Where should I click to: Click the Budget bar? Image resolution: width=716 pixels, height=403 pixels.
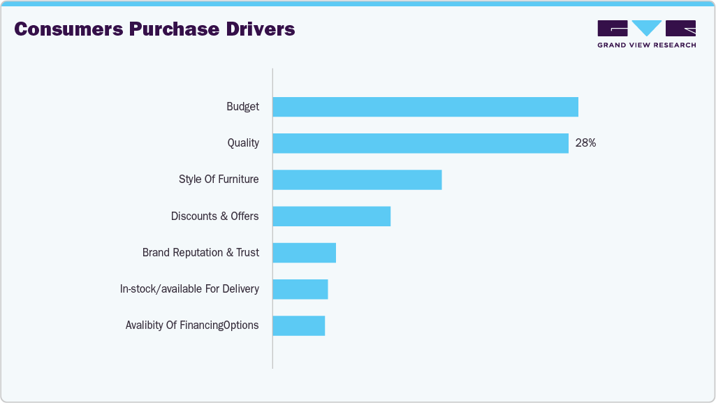[x=425, y=107]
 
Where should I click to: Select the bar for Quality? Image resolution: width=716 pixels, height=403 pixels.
[x=420, y=143]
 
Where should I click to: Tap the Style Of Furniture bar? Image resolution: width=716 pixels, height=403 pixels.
[x=357, y=179]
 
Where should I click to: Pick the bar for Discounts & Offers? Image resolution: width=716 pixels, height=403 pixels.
[x=331, y=216]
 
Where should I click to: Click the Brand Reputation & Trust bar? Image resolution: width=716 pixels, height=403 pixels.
[x=304, y=253]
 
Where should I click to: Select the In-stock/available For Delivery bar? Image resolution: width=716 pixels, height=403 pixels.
[x=300, y=289]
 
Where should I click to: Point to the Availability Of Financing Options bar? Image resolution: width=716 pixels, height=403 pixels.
[x=298, y=325]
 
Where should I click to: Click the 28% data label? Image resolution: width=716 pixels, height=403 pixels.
[x=585, y=143]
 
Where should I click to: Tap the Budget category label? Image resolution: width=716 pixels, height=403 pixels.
[x=242, y=107]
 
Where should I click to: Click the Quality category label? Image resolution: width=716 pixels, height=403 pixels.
[x=243, y=143]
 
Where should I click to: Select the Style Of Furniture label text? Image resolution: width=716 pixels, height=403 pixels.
[x=219, y=179]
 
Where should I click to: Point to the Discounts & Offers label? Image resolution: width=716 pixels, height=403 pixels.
[x=214, y=217]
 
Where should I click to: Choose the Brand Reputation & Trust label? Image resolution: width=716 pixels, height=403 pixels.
[x=200, y=253]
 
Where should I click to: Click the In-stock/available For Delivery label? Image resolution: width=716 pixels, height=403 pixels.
[x=189, y=289]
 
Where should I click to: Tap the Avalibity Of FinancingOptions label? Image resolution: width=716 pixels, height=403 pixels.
[x=192, y=325]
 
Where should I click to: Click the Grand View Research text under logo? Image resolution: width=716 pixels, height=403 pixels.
[x=646, y=45]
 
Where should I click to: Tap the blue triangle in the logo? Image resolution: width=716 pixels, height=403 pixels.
[x=647, y=28]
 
